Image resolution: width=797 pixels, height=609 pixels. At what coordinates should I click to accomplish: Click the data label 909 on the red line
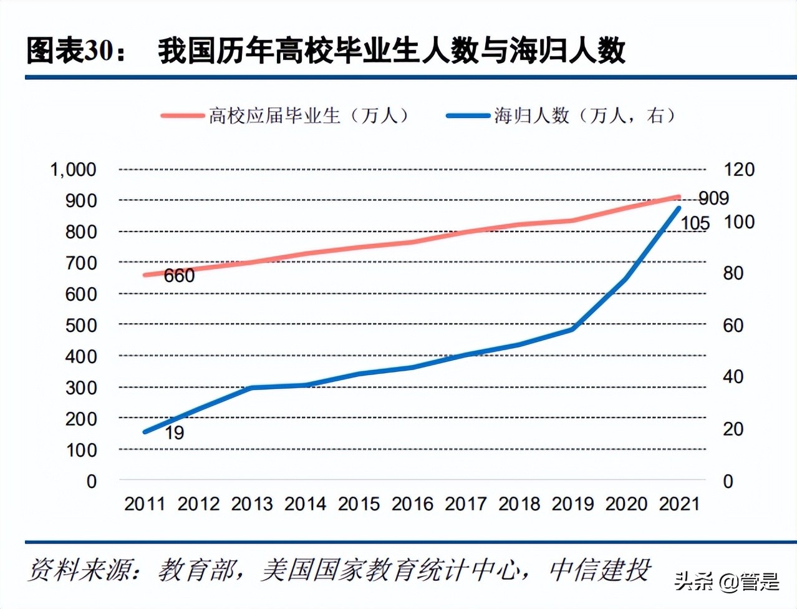tap(713, 198)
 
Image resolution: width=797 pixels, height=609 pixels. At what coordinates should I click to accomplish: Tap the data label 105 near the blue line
tap(695, 223)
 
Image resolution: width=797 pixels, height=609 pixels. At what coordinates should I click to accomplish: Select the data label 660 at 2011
tap(179, 275)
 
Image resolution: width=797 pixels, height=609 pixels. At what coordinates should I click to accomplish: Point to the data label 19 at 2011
tap(174, 432)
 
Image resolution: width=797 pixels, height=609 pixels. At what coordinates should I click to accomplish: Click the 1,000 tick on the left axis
tap(73, 169)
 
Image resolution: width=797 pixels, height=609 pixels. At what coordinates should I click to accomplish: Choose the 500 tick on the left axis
tap(81, 325)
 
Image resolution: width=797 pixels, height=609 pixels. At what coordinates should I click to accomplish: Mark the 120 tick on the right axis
tap(738, 169)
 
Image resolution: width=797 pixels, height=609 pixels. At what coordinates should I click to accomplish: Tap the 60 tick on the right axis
tap(733, 325)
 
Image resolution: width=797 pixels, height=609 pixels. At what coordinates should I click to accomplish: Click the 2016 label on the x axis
tap(412, 504)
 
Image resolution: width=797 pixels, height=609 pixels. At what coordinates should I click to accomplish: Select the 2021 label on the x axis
tap(679, 504)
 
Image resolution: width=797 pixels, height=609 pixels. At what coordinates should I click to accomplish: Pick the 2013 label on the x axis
tap(252, 504)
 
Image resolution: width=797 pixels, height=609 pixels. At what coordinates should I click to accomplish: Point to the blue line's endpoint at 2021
tap(679, 208)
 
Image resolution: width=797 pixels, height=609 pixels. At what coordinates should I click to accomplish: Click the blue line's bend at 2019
tap(572, 328)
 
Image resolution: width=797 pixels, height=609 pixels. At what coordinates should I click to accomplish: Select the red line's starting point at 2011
tap(145, 275)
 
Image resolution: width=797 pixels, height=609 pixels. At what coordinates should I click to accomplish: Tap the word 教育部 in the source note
tap(196, 570)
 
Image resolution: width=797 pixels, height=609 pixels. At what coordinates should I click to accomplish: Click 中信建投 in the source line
tap(599, 570)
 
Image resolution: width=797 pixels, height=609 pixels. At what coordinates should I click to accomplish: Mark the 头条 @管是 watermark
tap(727, 582)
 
